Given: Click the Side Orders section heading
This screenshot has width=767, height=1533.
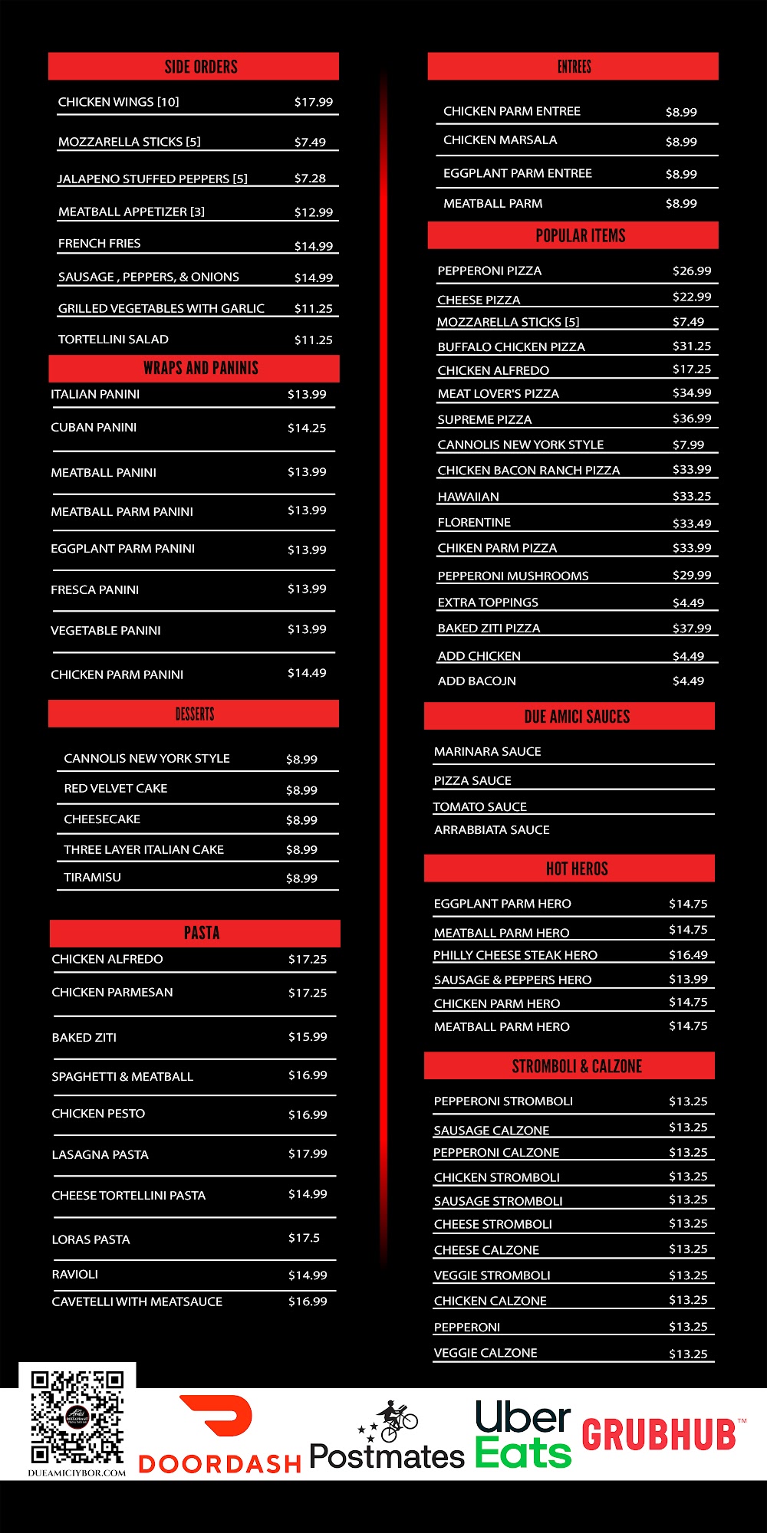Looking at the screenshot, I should (201, 67).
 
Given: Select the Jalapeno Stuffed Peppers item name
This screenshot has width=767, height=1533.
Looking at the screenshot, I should (153, 179).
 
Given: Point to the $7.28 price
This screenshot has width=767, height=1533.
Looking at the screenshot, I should (310, 178).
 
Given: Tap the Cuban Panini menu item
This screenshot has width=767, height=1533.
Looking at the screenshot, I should (94, 427).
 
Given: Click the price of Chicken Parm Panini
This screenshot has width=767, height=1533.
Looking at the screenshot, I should (307, 673).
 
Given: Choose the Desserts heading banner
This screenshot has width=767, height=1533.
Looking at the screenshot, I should (194, 714).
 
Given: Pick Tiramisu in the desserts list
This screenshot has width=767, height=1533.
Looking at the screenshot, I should (93, 877).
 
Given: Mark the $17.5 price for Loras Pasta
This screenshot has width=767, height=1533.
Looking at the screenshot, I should (304, 1238).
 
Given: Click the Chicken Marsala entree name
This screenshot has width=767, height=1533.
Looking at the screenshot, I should (500, 140).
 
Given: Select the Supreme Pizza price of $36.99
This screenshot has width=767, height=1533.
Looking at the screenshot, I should (692, 419).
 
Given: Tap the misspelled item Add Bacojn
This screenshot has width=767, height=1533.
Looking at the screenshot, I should (476, 681).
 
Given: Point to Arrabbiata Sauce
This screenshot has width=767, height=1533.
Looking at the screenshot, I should (492, 829).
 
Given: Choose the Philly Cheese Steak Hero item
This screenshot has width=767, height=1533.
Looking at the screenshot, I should (515, 955).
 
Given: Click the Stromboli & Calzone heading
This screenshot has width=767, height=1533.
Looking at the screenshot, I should (577, 1065).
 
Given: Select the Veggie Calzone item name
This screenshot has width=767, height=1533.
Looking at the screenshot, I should (486, 1353).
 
